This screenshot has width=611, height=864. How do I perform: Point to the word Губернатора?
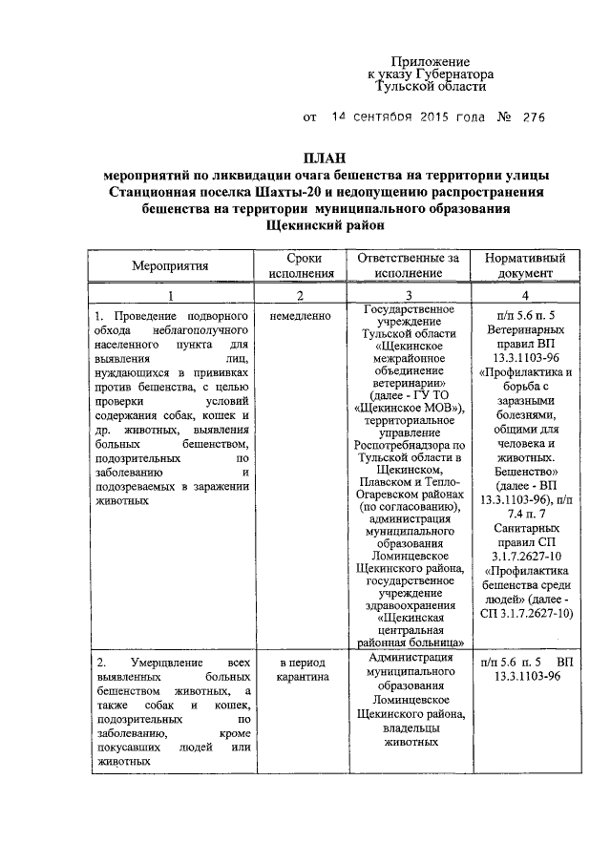[x=450, y=73]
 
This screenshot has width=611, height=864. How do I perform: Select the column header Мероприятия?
[x=170, y=266]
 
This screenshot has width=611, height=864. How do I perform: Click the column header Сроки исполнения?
[x=302, y=266]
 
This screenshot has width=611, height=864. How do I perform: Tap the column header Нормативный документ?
[x=525, y=266]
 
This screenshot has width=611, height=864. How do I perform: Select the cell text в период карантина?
[x=301, y=669]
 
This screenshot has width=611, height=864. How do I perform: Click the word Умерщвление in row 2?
[x=159, y=663]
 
